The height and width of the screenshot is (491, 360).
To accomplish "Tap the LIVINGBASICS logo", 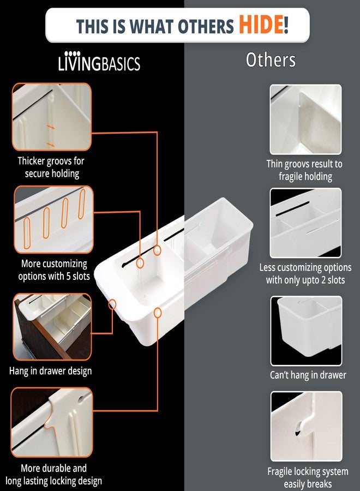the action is click(99, 61).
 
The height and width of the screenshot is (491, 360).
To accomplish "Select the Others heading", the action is click(271, 59).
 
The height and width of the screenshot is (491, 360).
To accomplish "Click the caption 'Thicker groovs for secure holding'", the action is click(51, 167).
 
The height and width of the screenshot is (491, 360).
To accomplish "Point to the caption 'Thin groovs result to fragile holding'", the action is click(304, 170).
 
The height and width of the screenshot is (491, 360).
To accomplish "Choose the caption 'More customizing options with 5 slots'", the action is click(54, 270).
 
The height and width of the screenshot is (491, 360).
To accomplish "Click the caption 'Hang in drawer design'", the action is click(50, 371).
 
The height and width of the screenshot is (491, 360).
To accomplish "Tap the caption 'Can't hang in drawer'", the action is click(308, 375).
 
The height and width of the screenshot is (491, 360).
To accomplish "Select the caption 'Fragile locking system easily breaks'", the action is click(308, 477).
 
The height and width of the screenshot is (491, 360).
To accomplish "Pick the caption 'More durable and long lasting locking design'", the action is click(53, 475).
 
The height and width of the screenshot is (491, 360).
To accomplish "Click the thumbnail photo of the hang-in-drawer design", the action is click(52, 327).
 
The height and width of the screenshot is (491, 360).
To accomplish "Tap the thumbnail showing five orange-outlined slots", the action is click(53, 219).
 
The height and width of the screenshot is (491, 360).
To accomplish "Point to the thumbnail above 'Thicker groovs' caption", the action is click(52, 117).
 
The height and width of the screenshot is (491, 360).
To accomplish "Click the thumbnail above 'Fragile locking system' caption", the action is click(306, 426).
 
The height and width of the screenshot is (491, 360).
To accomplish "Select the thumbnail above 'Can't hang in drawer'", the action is click(306, 331).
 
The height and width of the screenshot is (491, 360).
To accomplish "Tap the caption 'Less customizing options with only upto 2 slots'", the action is click(305, 273).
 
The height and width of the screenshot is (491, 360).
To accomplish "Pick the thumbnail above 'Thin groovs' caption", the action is click(305, 119).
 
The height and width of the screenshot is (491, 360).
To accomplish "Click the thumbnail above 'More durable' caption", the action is click(52, 422).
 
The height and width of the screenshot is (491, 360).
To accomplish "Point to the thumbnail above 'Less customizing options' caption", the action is click(305, 223).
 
